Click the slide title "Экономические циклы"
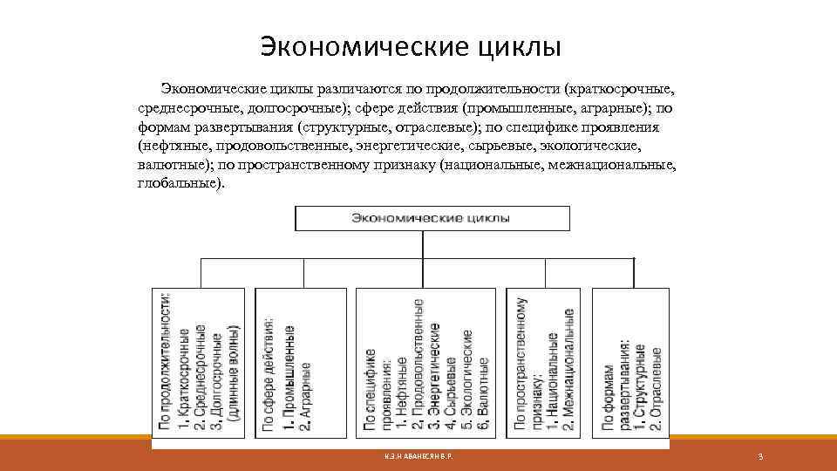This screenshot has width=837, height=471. (x=411, y=45)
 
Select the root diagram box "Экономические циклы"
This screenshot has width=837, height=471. (x=432, y=218)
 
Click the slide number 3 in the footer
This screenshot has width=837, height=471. (x=761, y=457)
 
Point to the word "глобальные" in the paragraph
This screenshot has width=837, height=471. (x=179, y=185)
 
